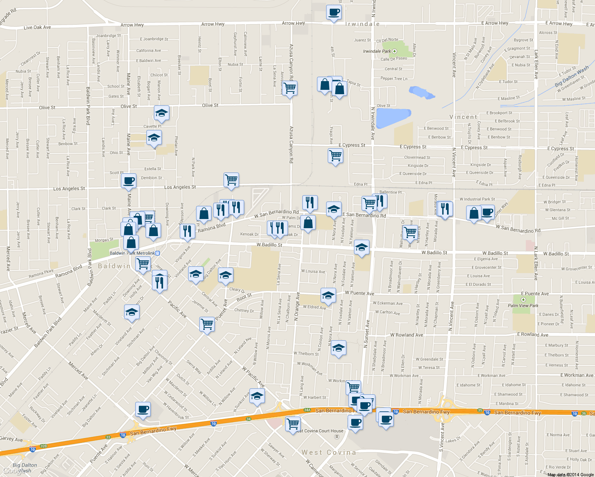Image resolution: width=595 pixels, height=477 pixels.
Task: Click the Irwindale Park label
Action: (x=377, y=51)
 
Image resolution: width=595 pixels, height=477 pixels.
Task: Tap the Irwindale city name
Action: (x=362, y=24)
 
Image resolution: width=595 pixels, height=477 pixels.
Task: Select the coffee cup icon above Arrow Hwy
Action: (x=334, y=12)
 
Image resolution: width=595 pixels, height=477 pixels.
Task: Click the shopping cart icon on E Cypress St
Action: (x=336, y=156)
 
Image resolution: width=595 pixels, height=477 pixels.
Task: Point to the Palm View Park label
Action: (x=523, y=306)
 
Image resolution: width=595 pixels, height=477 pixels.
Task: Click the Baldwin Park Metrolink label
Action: (x=132, y=253)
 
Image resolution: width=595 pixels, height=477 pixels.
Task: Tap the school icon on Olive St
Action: (x=161, y=113)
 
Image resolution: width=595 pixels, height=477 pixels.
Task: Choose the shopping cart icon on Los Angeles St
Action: (x=231, y=180)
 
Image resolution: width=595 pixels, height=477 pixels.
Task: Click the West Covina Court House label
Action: (x=320, y=431)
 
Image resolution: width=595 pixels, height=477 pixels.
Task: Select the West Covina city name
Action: (x=329, y=452)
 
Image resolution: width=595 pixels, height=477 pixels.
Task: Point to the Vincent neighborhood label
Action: (x=463, y=117)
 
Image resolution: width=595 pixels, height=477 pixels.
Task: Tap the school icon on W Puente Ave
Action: (x=328, y=295)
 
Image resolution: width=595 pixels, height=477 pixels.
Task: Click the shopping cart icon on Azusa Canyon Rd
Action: (x=290, y=88)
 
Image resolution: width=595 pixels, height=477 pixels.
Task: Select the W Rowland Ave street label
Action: (x=406, y=335)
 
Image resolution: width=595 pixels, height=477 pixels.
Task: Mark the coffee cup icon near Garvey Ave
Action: (x=143, y=409)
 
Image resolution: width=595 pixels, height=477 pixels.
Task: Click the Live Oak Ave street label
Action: (x=37, y=27)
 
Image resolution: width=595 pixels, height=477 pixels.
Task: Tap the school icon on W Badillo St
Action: (x=361, y=248)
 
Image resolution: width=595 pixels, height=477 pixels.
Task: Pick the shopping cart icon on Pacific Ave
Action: (x=207, y=324)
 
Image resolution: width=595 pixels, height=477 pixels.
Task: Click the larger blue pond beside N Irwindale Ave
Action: (x=393, y=118)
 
